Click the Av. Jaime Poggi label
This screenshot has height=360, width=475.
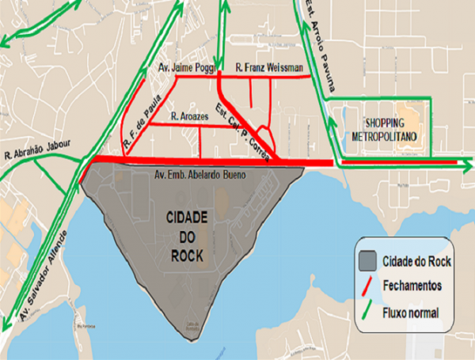point(183,66)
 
